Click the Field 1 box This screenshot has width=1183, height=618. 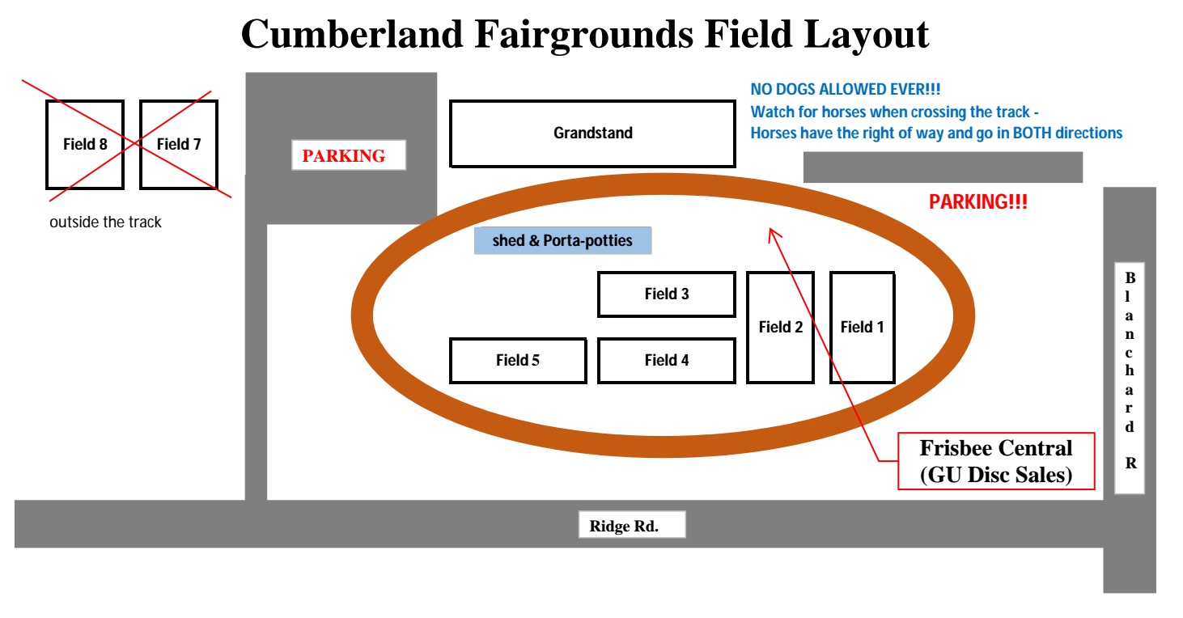[x=862, y=328]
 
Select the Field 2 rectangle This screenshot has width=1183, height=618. [x=780, y=328]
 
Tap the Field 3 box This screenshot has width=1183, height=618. [x=667, y=294]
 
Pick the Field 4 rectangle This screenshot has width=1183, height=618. [x=667, y=361]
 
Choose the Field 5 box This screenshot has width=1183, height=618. [x=518, y=361]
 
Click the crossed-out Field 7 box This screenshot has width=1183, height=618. [x=179, y=145]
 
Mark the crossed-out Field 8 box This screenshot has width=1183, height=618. [x=85, y=145]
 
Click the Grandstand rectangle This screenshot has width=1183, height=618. [x=592, y=133]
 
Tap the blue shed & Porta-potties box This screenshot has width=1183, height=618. [x=562, y=241]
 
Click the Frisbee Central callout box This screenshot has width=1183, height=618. [x=995, y=461]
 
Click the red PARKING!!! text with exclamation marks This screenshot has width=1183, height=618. [x=977, y=202]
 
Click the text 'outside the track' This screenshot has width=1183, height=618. [x=105, y=222]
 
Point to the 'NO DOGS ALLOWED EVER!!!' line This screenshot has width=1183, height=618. [x=846, y=90]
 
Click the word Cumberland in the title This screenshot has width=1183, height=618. [x=353, y=35]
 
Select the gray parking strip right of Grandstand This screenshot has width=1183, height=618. [x=943, y=167]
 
